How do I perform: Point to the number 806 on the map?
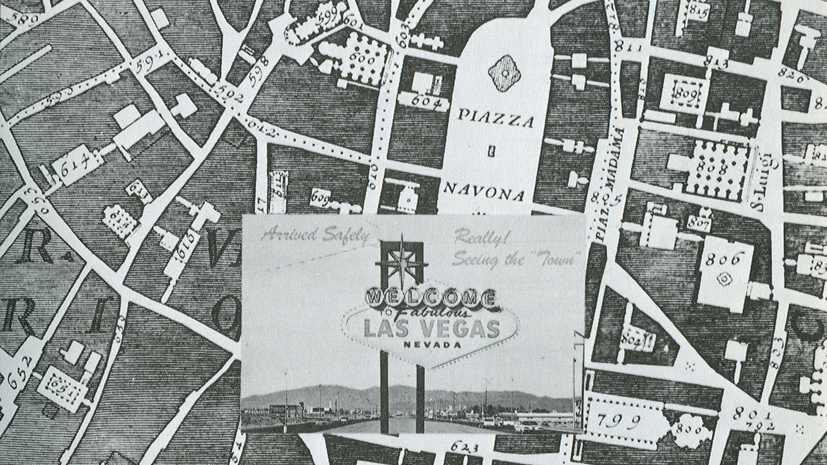723,259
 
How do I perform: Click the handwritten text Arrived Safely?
315,236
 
